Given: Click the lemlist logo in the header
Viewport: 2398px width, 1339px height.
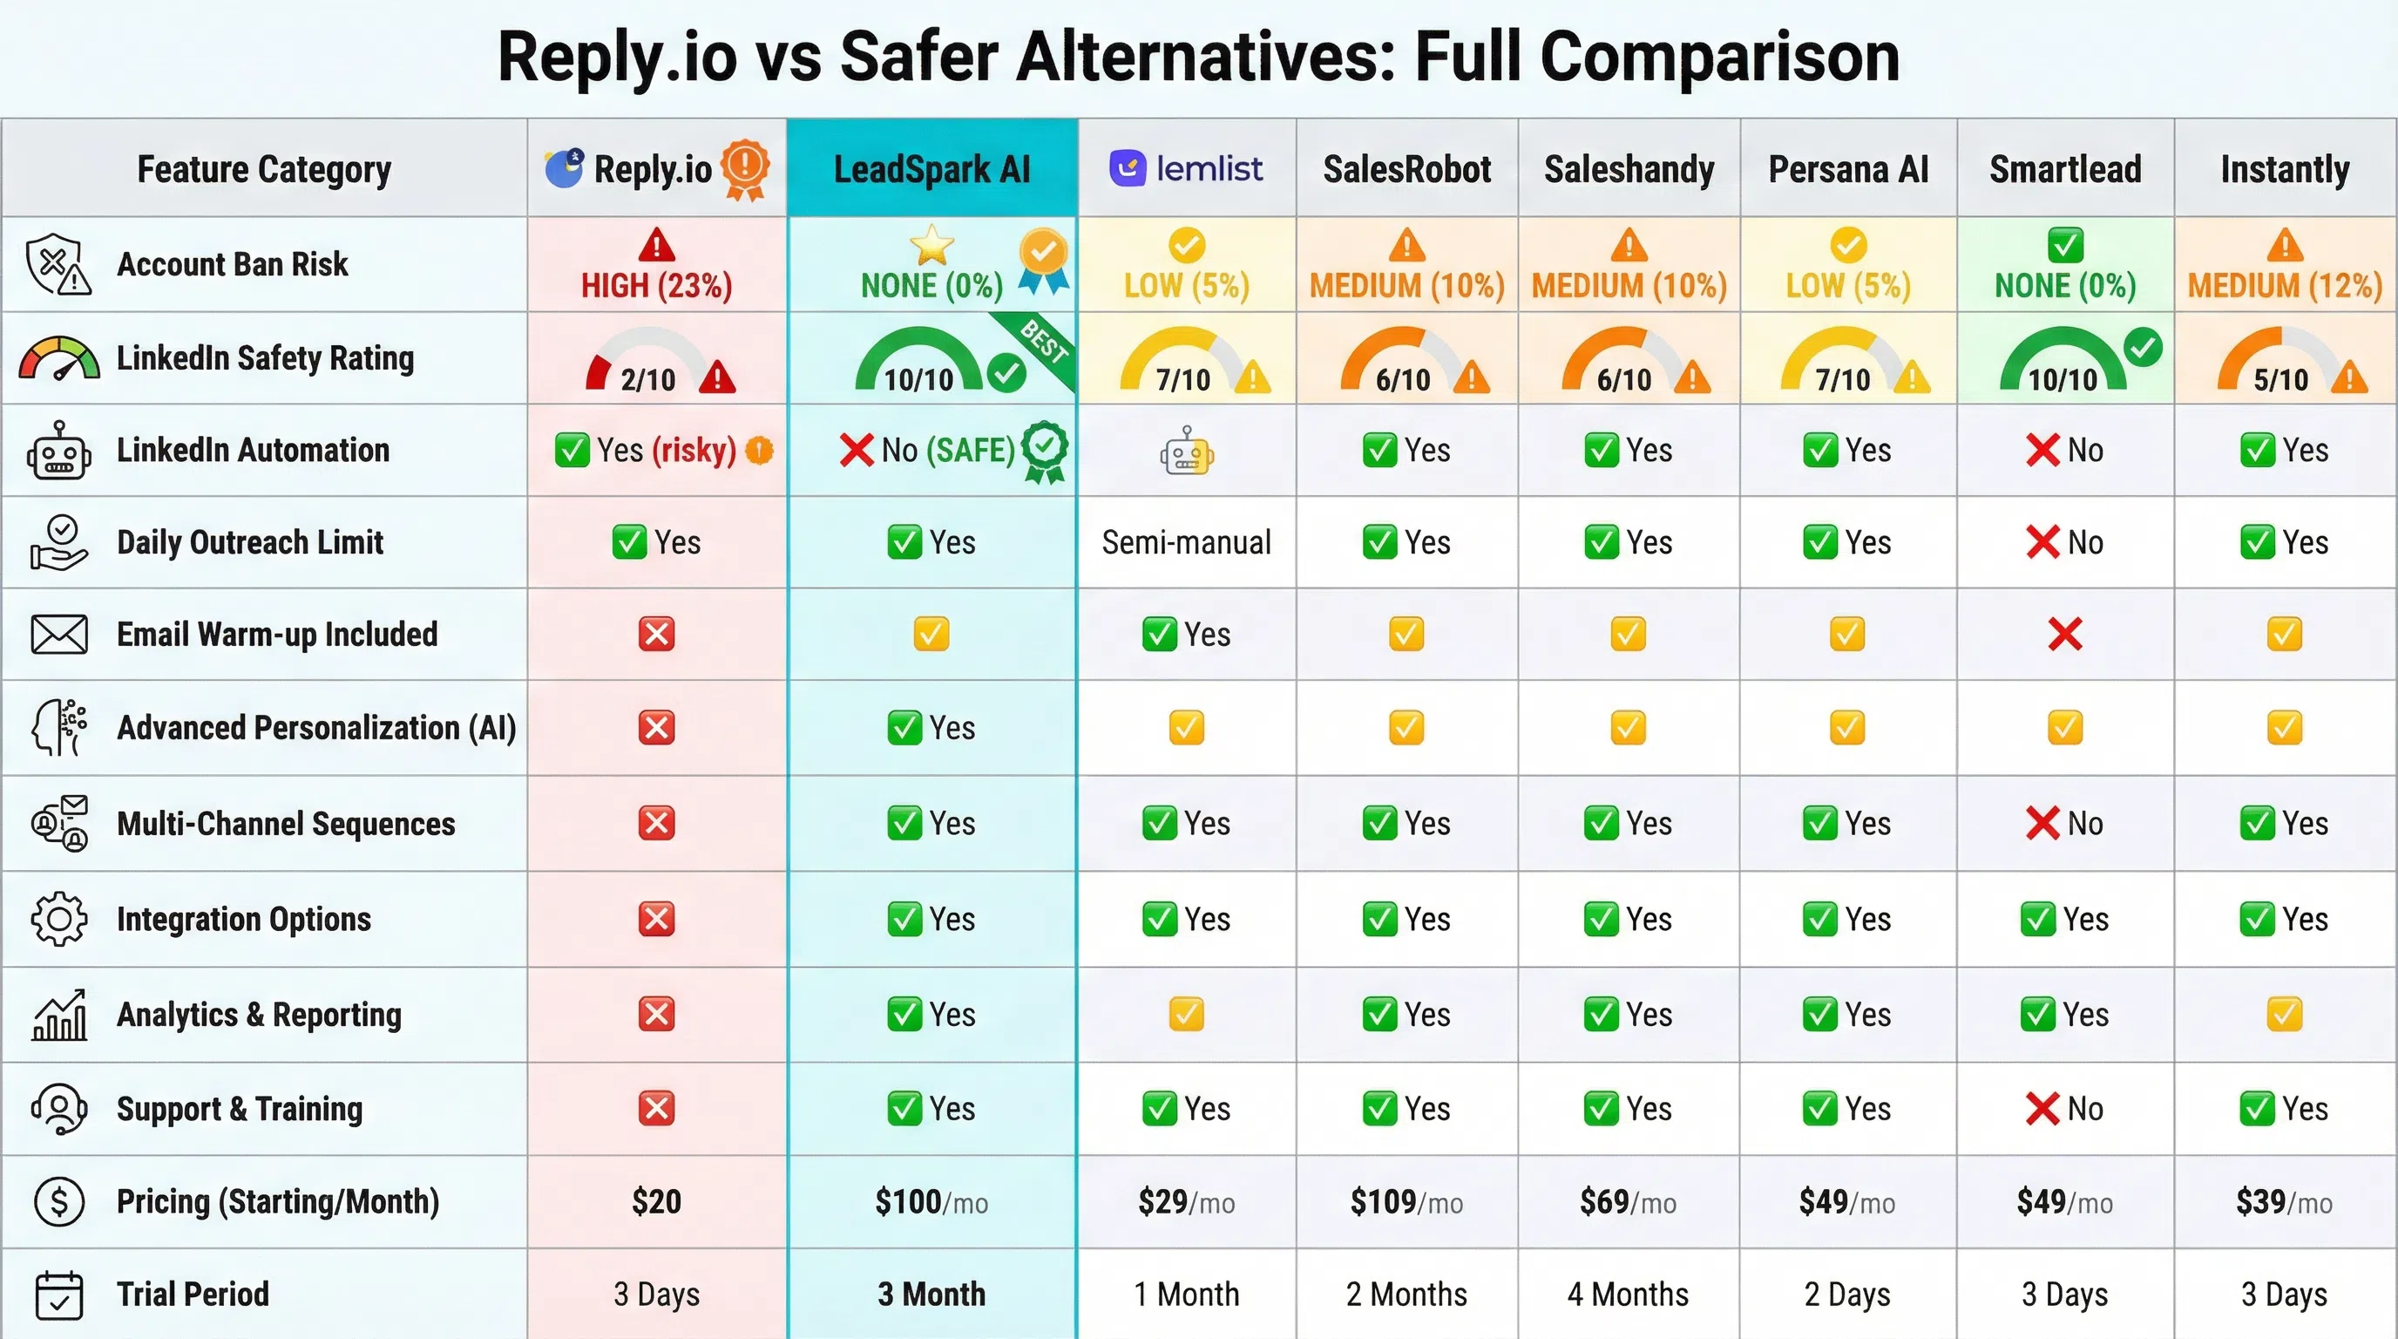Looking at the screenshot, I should (1185, 168).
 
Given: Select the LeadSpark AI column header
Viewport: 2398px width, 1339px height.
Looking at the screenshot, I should (931, 169).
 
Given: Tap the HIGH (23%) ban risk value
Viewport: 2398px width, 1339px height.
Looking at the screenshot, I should (656, 285).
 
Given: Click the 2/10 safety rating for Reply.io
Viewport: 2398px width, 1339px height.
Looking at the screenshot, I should (648, 378).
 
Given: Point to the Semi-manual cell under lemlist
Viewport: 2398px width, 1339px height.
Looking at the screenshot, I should (1186, 542).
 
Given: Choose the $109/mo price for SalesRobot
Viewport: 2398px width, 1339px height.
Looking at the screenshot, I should (1406, 1202).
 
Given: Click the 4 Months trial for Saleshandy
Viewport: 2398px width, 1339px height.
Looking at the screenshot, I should (1627, 1295).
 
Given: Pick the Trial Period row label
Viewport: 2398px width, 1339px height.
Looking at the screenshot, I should (193, 1295).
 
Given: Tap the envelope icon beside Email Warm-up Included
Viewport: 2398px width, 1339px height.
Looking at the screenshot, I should (58, 634).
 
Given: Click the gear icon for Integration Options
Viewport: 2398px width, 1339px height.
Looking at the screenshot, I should (58, 919).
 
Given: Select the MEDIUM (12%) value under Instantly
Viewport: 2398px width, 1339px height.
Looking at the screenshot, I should (2284, 285).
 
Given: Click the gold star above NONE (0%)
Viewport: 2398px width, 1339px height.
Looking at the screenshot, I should (931, 246).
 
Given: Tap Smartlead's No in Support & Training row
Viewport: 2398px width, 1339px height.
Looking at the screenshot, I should (2065, 1109).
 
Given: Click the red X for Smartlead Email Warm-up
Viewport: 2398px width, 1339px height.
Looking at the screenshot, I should (2065, 634).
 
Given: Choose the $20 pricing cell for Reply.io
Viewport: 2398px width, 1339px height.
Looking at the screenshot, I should (656, 1202).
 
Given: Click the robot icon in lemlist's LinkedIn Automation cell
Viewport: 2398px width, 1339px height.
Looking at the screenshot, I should (1186, 452).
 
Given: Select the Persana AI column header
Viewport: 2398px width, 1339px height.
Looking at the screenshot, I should (1848, 169).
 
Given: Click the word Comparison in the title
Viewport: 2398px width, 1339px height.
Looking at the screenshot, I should (1719, 58).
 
